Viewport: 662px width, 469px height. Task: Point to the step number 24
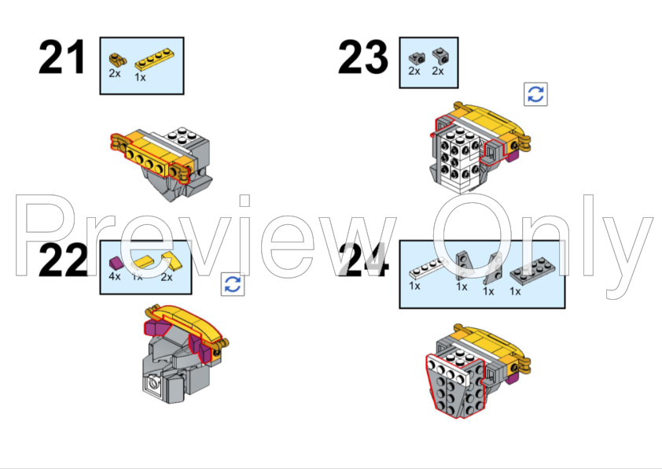362,262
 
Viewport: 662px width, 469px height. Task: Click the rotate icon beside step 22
232,285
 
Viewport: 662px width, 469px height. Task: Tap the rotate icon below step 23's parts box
535,94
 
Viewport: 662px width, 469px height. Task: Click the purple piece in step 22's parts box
115,261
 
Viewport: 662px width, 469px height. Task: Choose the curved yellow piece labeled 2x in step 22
167,261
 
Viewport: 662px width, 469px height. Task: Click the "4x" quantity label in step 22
114,276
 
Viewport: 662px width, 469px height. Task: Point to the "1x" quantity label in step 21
140,77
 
